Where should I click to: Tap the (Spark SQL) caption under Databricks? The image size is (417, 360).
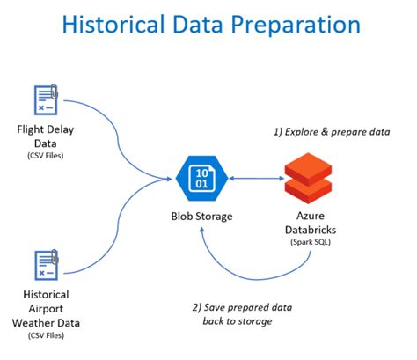309,244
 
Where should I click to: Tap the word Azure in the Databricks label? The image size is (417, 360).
309,216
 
